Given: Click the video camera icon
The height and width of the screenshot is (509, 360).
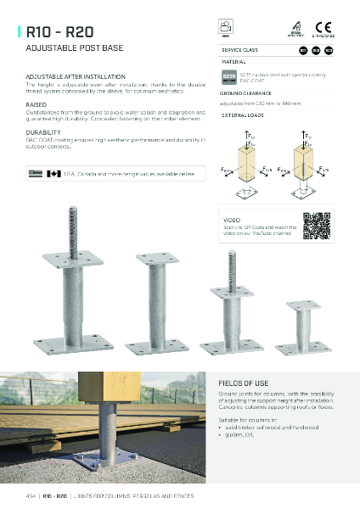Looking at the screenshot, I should [x=225, y=28].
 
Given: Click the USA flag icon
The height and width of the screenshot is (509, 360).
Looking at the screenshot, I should [x=35, y=173].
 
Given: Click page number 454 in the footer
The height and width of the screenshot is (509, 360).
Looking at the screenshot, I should [x=31, y=495].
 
